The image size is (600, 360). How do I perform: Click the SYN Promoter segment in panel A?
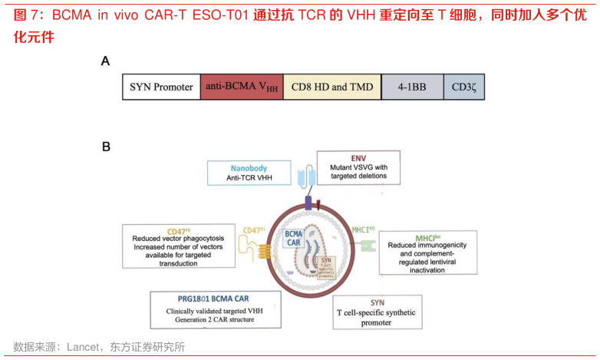161,87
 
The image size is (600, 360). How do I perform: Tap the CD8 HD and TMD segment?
332,87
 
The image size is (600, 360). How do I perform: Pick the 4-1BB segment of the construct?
412,87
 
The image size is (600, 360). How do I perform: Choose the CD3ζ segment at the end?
463,87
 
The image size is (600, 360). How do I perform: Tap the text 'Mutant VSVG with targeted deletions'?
358,171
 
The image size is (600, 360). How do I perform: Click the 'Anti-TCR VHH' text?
249,178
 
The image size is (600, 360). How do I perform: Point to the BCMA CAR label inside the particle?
293,237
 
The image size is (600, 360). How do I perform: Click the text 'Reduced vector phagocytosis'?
178,239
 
